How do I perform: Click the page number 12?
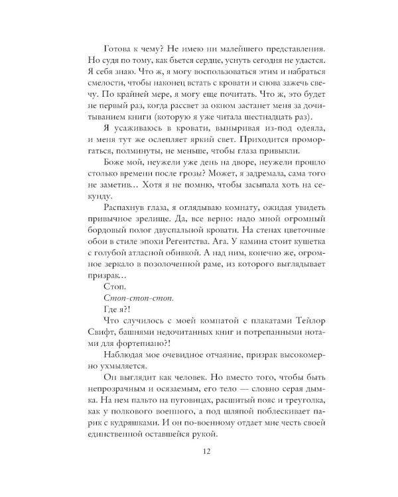click(198, 453)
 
